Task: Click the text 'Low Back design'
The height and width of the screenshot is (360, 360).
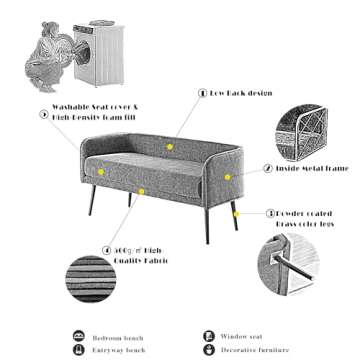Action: (240, 92)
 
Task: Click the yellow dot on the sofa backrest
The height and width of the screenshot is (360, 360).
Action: (170, 146)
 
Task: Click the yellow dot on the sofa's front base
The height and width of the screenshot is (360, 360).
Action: (143, 189)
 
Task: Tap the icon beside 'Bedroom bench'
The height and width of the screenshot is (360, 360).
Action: (79, 337)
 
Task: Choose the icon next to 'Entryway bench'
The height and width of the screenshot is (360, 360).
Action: (79, 351)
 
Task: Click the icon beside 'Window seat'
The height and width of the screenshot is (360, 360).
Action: (209, 337)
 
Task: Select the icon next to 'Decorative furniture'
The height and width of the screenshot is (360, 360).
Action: (209, 351)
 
